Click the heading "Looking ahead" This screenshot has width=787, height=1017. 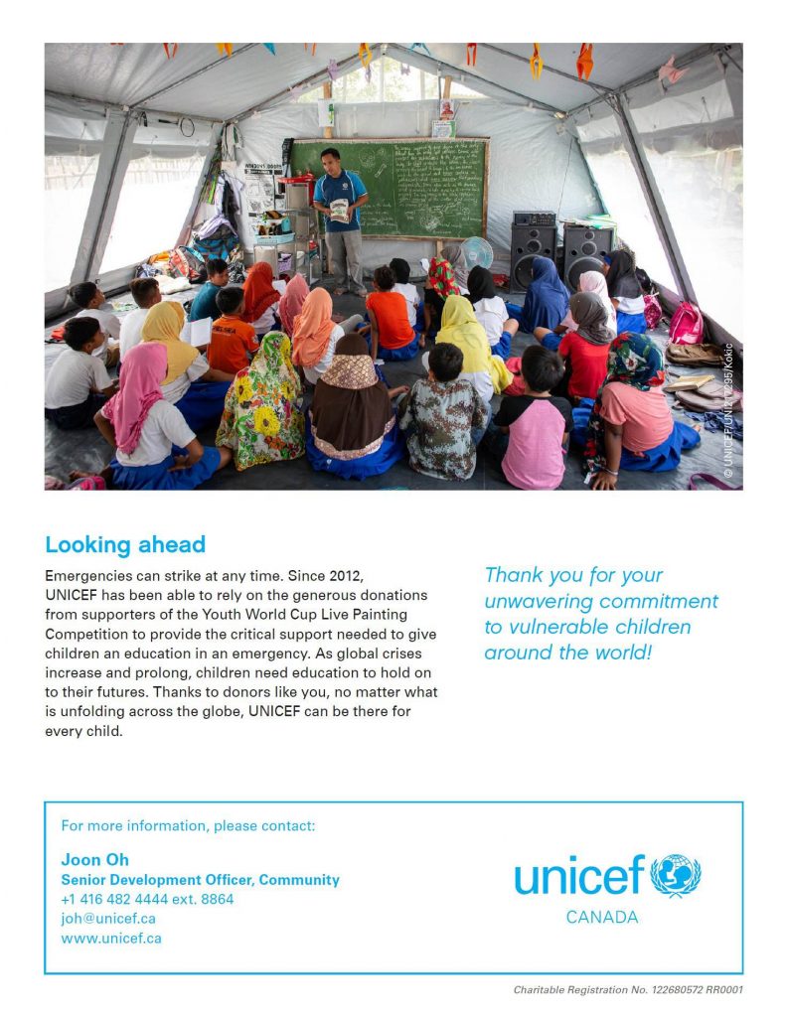125,544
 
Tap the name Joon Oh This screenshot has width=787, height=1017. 95,859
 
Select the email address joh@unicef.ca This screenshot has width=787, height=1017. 108,918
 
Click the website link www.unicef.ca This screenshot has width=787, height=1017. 111,938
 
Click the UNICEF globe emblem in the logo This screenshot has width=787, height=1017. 676,876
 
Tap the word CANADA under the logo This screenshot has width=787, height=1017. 602,917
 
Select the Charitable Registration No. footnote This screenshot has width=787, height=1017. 628,989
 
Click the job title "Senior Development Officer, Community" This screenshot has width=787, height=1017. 200,879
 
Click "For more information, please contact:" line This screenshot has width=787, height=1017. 188,825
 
